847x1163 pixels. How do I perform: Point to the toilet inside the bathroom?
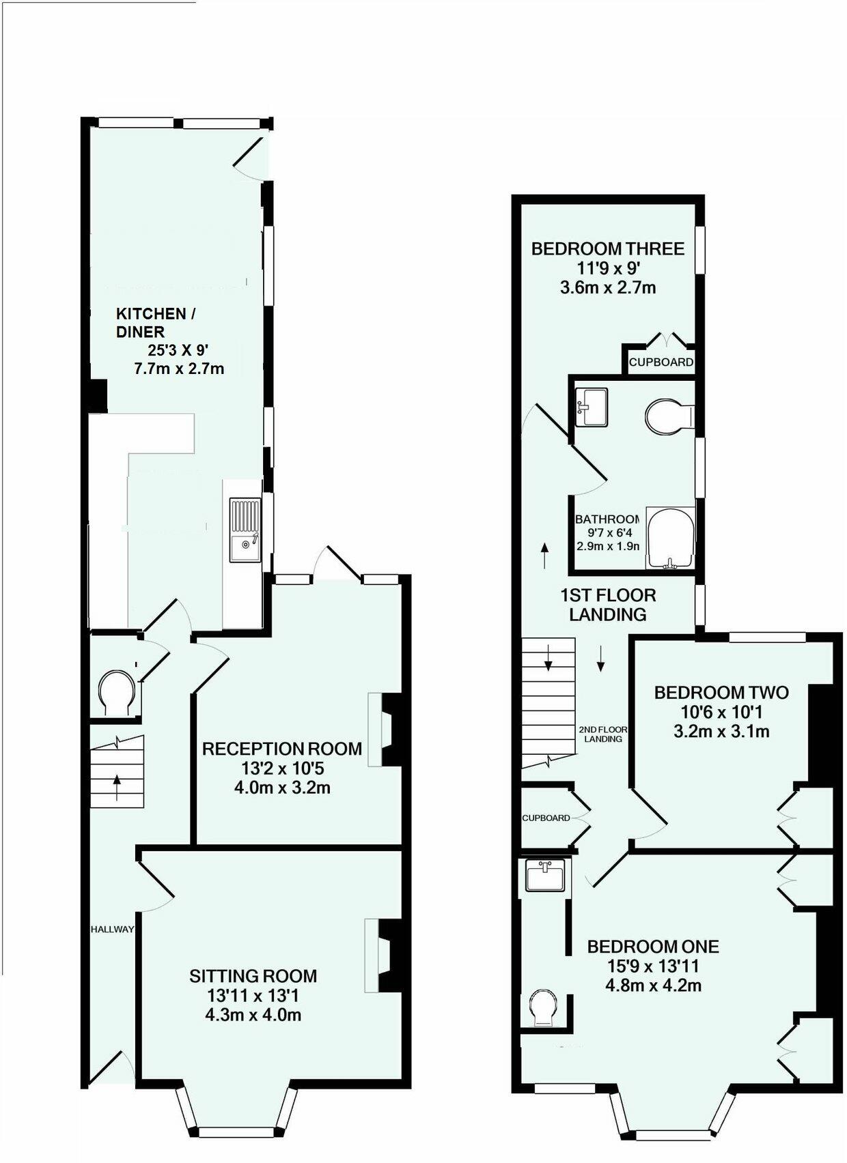[x=667, y=415]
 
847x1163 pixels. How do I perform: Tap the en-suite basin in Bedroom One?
[x=545, y=876]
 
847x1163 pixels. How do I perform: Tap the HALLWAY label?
[x=113, y=930]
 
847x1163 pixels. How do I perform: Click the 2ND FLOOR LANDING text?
[x=602, y=734]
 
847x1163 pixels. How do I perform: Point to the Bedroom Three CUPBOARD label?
[x=661, y=362]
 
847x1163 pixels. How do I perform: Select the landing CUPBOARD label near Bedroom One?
[x=546, y=818]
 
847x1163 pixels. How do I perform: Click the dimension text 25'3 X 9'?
[x=178, y=351]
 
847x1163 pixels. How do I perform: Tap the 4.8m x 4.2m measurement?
[x=653, y=986]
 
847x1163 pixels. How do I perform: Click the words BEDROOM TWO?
[x=721, y=693]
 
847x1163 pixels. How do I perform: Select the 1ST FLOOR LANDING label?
[x=608, y=605]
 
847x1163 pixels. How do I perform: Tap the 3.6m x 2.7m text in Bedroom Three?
[x=608, y=287]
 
